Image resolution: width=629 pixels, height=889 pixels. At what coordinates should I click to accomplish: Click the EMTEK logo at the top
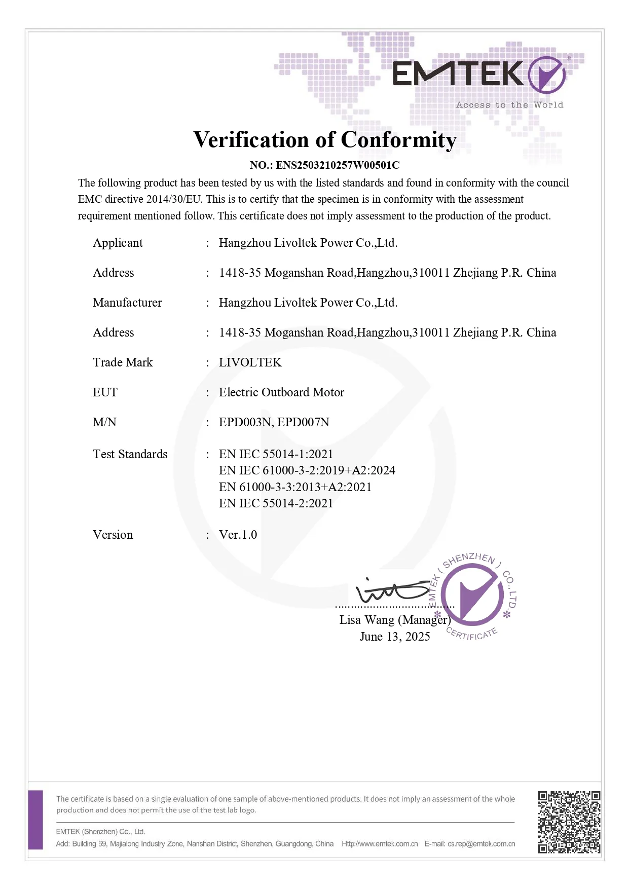point(478,75)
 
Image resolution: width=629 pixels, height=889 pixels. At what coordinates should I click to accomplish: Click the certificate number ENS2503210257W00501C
point(338,165)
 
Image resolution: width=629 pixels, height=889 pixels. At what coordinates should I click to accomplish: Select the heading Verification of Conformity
point(325,140)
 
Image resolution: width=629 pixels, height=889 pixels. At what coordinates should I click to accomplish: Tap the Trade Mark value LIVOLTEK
point(250,362)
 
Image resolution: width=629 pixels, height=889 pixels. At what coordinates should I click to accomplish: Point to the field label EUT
point(105,392)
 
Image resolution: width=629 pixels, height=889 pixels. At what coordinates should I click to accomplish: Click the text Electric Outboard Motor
point(281,392)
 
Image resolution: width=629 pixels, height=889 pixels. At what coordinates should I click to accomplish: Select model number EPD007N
point(303,422)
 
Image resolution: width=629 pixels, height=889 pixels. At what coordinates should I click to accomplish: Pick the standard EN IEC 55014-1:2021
point(276,454)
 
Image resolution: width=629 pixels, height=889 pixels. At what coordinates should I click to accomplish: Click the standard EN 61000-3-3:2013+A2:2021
point(295,487)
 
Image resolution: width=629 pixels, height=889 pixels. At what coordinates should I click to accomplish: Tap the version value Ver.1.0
point(238,535)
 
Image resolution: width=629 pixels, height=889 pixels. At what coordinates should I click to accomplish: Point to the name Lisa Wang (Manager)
point(395,620)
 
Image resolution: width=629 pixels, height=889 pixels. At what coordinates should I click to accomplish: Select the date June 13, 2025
point(395,637)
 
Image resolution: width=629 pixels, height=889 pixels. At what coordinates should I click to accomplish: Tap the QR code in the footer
point(569,822)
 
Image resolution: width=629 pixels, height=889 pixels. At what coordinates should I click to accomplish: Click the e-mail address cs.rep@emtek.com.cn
point(481,844)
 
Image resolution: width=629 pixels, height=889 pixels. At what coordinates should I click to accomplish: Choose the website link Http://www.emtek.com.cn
point(380,844)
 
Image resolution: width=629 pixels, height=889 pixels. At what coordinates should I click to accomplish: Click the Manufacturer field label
point(127,303)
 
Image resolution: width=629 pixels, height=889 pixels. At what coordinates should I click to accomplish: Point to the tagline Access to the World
point(509,105)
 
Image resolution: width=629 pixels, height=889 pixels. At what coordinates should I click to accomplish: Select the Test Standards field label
point(130,454)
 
